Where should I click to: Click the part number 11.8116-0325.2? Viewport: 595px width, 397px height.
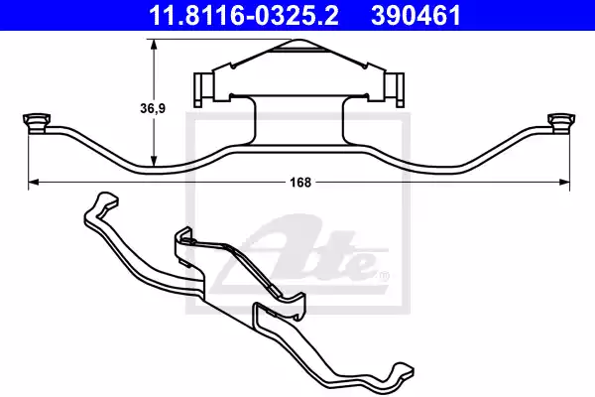pyautogui.click(x=244, y=16)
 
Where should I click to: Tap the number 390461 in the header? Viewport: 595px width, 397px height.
pyautogui.click(x=416, y=16)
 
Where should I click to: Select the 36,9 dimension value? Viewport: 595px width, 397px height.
pyautogui.click(x=153, y=108)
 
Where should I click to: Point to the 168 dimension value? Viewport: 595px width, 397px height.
pyautogui.click(x=300, y=183)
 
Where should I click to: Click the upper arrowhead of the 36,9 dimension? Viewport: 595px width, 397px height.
pyautogui.click(x=154, y=45)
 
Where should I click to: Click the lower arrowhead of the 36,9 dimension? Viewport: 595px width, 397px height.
pyautogui.click(x=154, y=161)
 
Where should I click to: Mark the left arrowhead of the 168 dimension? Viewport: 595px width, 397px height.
pyautogui.click(x=34, y=183)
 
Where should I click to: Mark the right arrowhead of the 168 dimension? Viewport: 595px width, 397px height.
pyautogui.click(x=564, y=183)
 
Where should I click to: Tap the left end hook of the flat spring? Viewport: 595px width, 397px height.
pyautogui.click(x=36, y=123)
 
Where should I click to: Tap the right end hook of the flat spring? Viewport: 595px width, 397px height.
pyautogui.click(x=561, y=123)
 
